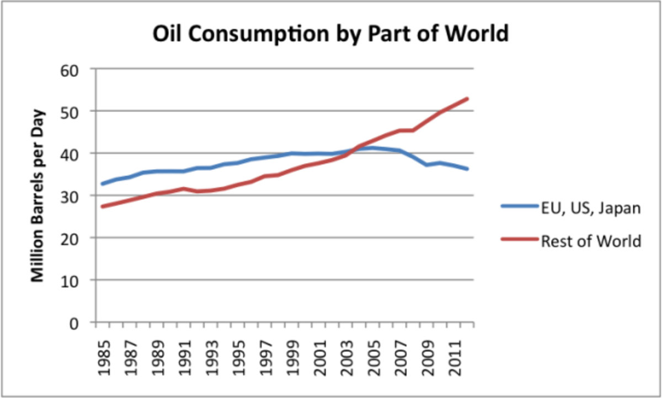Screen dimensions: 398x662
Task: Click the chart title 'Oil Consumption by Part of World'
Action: [x=330, y=34]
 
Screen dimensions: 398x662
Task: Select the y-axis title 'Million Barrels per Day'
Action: [x=38, y=196]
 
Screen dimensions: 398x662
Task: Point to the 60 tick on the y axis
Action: [x=79, y=69]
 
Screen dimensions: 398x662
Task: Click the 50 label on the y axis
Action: [x=79, y=111]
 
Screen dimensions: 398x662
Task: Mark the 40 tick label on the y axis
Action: [x=79, y=154]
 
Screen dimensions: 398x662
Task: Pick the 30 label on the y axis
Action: [x=79, y=196]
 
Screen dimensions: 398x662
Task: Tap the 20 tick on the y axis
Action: [x=79, y=238]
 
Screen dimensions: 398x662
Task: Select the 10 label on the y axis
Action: [x=79, y=281]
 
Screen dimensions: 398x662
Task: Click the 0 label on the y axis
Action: [x=84, y=322]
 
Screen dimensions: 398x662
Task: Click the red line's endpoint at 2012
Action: [x=468, y=99]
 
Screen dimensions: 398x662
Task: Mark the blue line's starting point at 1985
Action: [x=103, y=184]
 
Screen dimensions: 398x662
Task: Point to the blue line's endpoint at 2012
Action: [x=468, y=169]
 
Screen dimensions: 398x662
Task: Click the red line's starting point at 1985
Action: [x=103, y=206]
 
